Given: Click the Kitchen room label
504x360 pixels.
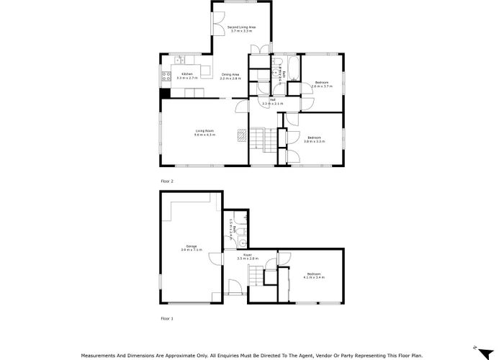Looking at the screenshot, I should click(x=186, y=73).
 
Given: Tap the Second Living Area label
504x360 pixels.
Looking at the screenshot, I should click(x=241, y=27).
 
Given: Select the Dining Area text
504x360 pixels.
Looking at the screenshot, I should click(x=230, y=74).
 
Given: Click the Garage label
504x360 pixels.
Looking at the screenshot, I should click(x=192, y=246).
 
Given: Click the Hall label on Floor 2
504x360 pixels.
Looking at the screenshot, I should click(x=272, y=100).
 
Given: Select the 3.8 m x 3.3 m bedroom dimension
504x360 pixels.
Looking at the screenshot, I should click(x=315, y=141).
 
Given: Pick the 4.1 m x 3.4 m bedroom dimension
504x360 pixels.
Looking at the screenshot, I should click(x=314, y=276).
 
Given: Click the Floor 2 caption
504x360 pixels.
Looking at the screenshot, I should click(x=167, y=181).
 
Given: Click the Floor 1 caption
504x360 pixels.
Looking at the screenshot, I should click(x=167, y=318).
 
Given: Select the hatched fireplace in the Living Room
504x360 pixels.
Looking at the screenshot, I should click(x=243, y=135).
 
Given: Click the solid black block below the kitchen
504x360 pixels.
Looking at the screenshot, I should click(x=165, y=92).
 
